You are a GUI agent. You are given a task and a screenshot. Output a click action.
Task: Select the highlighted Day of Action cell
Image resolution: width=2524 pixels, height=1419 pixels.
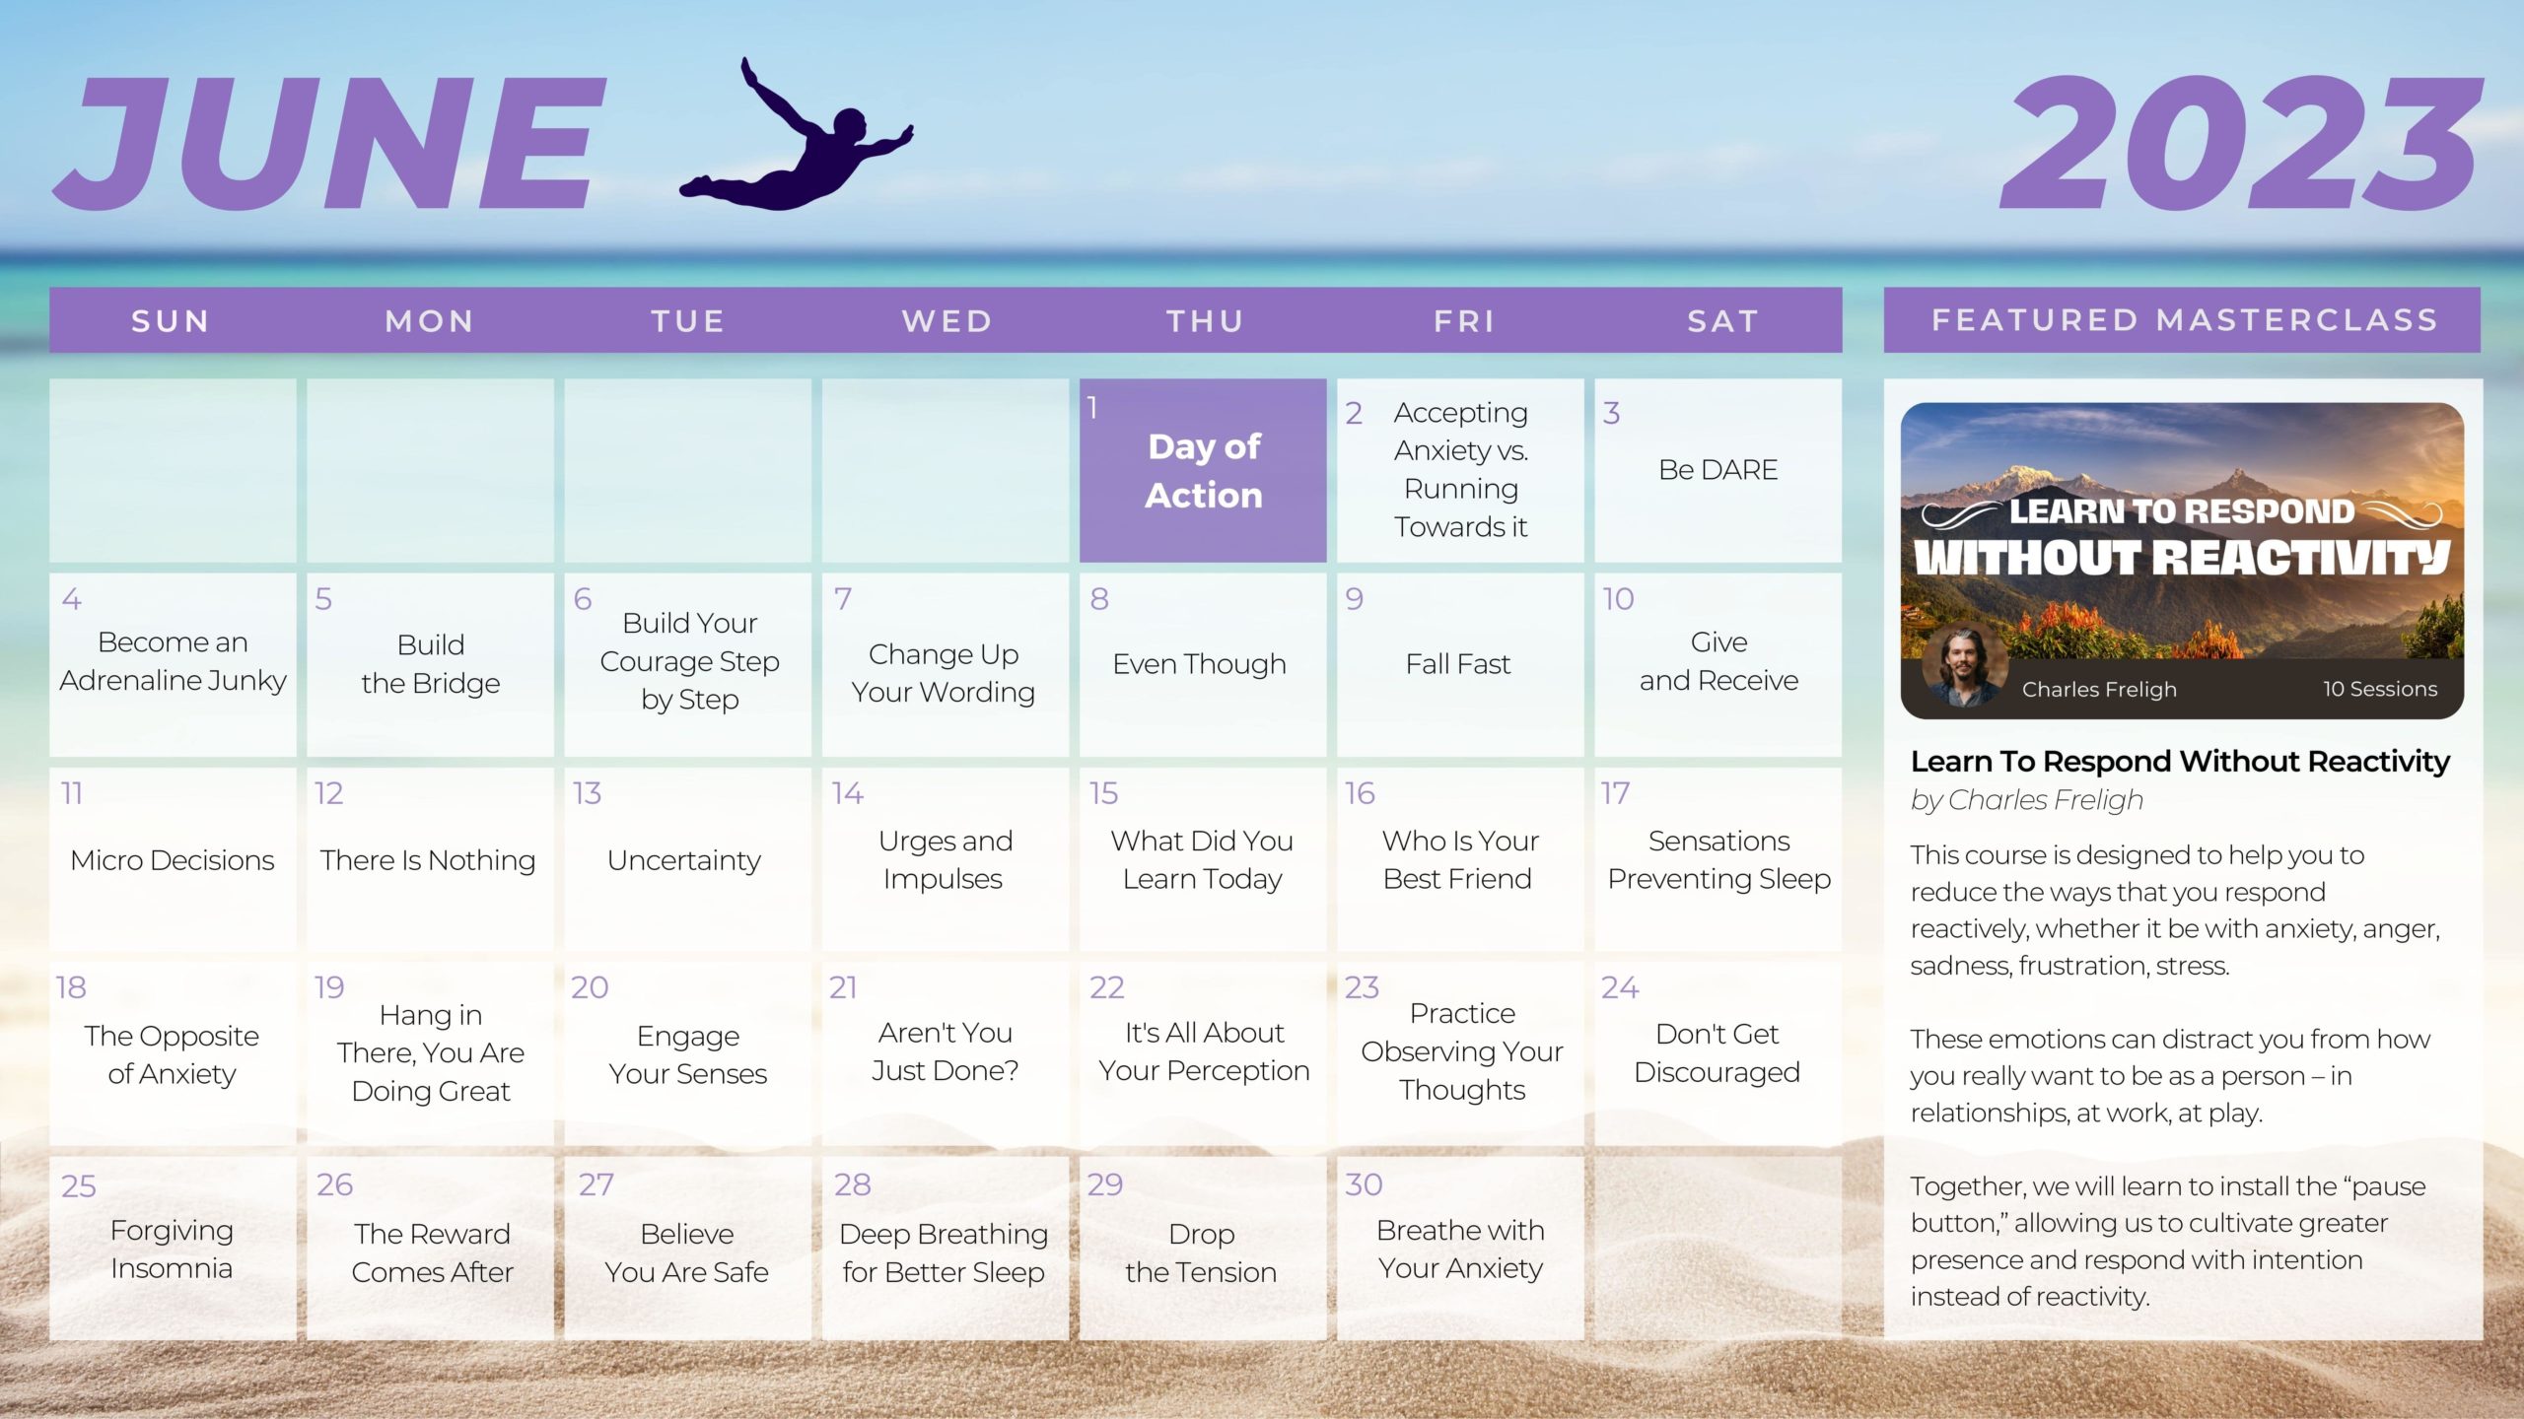(1203, 470)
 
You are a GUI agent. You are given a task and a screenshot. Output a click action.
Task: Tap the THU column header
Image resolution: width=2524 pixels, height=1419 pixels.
(1205, 321)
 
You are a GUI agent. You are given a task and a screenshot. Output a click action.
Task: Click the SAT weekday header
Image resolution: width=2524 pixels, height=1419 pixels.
(1722, 321)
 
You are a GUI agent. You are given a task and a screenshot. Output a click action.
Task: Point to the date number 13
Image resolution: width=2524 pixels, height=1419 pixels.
(588, 793)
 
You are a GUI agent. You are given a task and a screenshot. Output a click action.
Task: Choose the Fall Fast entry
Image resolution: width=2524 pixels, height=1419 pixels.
(1458, 664)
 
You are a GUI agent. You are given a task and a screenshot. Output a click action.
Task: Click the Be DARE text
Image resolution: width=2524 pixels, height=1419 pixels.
(1718, 470)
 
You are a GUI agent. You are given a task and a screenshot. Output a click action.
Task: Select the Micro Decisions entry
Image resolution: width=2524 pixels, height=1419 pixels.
(173, 860)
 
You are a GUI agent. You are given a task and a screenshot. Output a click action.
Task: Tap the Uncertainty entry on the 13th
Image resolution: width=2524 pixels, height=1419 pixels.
(684, 861)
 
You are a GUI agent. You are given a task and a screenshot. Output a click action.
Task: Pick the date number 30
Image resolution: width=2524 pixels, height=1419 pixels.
(1364, 1184)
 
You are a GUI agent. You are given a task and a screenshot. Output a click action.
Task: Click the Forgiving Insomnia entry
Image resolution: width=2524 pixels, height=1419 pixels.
(173, 1250)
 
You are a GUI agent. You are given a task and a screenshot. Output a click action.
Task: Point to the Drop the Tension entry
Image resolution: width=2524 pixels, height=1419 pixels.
(1201, 1252)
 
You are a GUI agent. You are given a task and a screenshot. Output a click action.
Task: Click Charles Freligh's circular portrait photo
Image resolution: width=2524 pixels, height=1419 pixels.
(1964, 667)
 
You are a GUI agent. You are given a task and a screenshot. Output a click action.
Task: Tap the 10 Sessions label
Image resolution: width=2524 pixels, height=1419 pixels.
(2380, 689)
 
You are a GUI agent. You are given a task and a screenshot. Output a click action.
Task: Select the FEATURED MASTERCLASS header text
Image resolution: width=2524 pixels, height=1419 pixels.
(2185, 320)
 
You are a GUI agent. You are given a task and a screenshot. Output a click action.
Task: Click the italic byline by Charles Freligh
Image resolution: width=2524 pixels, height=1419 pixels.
(2027, 800)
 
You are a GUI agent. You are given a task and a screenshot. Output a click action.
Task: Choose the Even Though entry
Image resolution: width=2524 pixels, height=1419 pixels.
(1199, 664)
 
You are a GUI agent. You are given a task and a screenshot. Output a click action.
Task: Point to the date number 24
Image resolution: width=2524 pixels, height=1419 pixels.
(1620, 987)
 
